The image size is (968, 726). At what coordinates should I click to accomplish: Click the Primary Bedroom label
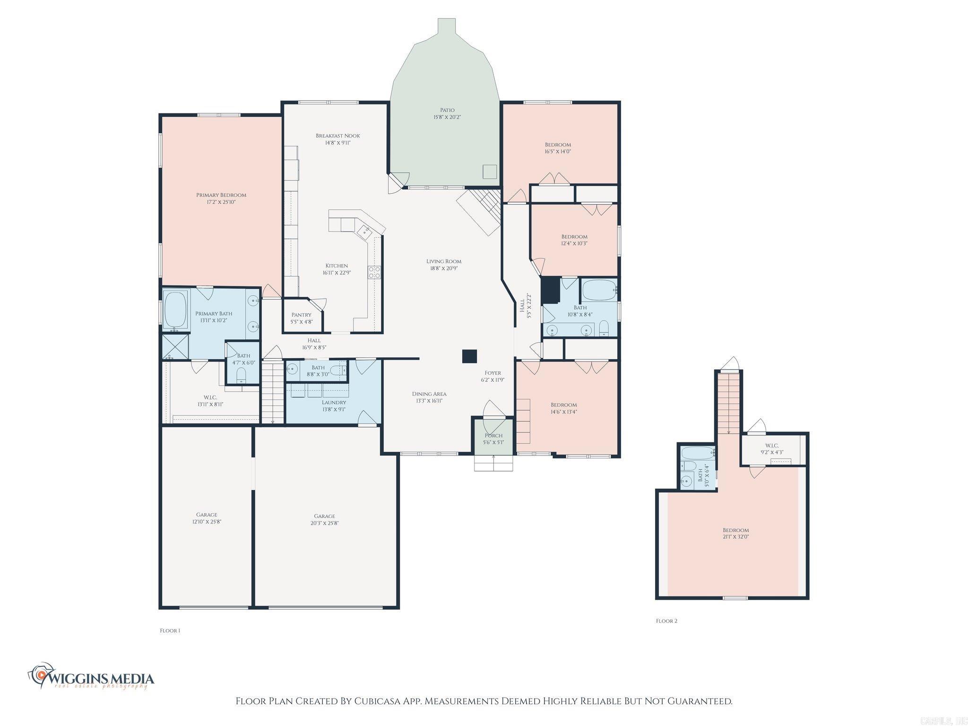coord(221,195)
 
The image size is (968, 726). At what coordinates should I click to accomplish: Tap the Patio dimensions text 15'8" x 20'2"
coord(447,117)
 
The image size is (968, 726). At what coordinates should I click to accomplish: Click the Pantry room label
coord(301,315)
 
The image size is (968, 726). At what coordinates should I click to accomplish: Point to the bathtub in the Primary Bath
coord(175,310)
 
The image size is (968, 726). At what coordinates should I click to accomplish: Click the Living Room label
coord(443,261)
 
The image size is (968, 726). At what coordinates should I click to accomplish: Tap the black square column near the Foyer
coord(469,356)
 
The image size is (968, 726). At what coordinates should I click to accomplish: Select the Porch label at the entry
coord(493,435)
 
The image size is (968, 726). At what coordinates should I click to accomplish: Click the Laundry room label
coord(334,402)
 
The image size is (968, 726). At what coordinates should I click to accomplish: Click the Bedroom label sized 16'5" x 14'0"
coord(558,145)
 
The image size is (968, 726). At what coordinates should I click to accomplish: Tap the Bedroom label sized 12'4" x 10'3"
coord(574,237)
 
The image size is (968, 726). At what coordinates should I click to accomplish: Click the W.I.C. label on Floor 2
coord(772,446)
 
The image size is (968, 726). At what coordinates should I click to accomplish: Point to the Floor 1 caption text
coord(170,631)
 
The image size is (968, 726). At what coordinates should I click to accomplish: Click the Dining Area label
coord(429,394)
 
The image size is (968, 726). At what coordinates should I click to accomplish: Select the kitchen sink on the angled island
coord(365,231)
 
